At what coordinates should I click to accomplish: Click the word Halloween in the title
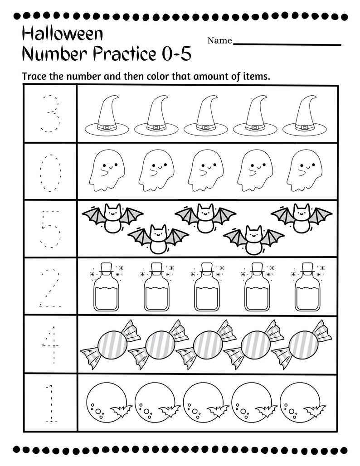(x=62, y=34)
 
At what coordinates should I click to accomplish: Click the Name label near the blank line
(x=219, y=41)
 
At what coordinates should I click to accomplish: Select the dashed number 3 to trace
(x=50, y=113)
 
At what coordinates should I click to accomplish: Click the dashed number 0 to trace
(x=50, y=172)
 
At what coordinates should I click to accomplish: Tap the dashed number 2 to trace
(x=50, y=287)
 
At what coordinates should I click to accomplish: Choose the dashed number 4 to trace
(x=50, y=345)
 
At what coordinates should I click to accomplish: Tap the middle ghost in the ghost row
(x=205, y=170)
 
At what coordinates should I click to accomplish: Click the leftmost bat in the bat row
(x=111, y=217)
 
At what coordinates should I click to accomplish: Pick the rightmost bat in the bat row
(x=301, y=217)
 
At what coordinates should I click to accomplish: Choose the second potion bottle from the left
(x=156, y=288)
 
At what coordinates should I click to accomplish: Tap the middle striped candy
(x=207, y=344)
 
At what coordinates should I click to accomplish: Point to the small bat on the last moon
(x=314, y=410)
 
